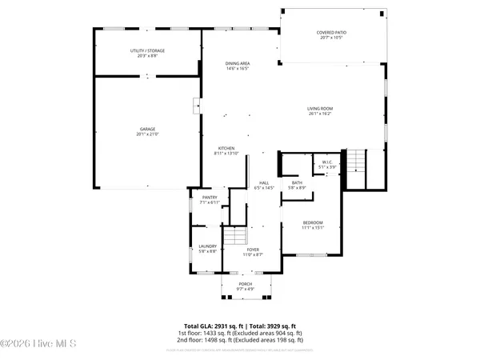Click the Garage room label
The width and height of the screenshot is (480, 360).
[x=147, y=130]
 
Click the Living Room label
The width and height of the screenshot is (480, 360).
[x=320, y=110]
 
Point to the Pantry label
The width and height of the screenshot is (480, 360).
[x=210, y=199]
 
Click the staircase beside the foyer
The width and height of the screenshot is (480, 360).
[x=234, y=237]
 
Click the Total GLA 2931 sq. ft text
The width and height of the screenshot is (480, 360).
[x=239, y=326]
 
